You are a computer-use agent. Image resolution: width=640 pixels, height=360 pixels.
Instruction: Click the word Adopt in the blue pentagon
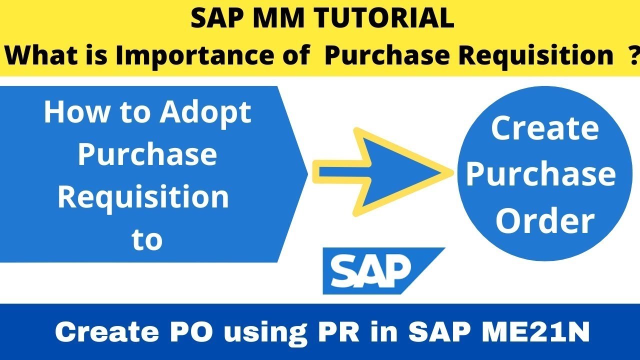click(205, 112)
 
